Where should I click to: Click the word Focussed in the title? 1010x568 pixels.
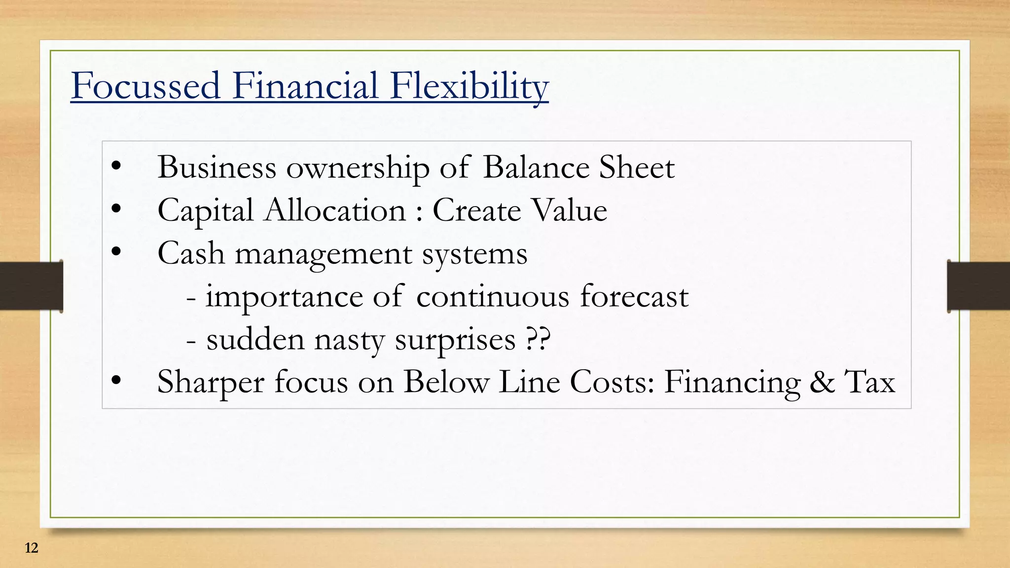pyautogui.click(x=145, y=86)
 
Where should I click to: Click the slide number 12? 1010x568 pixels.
pyautogui.click(x=31, y=548)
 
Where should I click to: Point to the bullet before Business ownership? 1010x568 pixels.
pyautogui.click(x=116, y=167)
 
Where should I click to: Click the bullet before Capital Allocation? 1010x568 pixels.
pyautogui.click(x=116, y=210)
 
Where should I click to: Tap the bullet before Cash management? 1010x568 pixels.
pyautogui.click(x=116, y=252)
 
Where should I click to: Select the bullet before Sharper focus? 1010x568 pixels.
pyautogui.click(x=116, y=381)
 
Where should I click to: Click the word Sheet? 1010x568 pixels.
pyautogui.click(x=637, y=168)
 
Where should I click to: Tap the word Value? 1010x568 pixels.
pyautogui.click(x=570, y=211)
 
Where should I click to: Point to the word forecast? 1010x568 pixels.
pyautogui.click(x=634, y=297)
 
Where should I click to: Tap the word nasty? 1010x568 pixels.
pyautogui.click(x=349, y=340)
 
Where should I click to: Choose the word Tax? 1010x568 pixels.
pyautogui.click(x=870, y=382)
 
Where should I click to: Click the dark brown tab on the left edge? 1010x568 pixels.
pyautogui.click(x=31, y=286)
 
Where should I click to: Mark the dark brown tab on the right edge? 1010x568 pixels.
pyautogui.click(x=978, y=286)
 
